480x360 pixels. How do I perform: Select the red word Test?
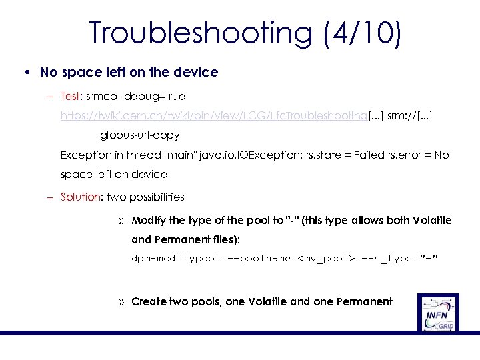(70, 97)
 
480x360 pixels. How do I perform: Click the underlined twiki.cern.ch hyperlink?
(214, 116)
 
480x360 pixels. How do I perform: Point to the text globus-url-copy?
(140, 135)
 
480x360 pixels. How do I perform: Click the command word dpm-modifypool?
(175, 258)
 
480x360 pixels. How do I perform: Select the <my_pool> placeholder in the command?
(325, 258)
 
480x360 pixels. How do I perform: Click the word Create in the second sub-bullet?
(149, 301)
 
